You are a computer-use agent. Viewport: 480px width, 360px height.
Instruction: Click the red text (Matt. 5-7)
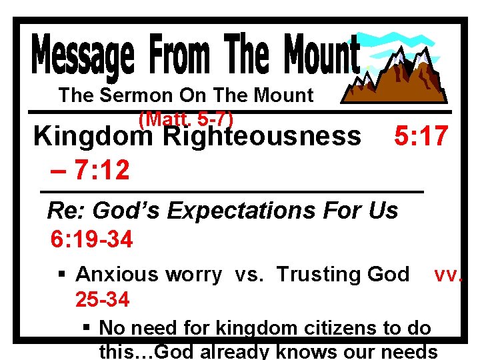click(186, 119)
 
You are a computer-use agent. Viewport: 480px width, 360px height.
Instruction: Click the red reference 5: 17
click(421, 136)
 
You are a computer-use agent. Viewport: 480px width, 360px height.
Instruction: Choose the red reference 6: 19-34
click(92, 239)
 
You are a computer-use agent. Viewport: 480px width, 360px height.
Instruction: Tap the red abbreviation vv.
click(447, 275)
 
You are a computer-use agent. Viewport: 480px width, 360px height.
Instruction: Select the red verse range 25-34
click(102, 300)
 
